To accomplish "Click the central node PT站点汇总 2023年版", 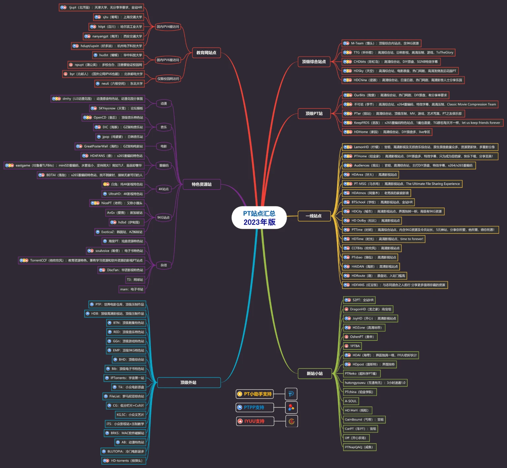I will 259,218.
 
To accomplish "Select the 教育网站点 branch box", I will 206,53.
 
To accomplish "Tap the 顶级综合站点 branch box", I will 314,62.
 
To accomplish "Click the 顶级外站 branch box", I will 189,383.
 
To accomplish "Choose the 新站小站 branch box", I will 315,373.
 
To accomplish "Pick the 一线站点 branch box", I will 314,216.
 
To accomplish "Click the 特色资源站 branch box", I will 202,184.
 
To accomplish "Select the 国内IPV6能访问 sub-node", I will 168,60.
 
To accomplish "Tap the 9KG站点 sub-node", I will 163,218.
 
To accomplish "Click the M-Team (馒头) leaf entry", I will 381,43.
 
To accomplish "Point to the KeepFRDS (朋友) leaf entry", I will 422,123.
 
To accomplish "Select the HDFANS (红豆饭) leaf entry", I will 395,285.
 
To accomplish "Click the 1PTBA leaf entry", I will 352,346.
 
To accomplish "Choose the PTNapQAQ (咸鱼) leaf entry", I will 359,447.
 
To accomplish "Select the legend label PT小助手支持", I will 255,394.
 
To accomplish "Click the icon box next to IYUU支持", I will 291,421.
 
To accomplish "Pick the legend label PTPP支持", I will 255,407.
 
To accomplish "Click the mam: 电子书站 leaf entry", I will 132,289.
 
